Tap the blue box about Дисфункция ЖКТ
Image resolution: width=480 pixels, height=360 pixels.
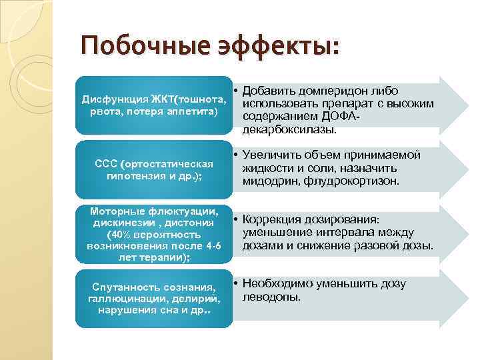coord(154,104)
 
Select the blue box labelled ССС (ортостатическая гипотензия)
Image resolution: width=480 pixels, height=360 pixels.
coord(154,169)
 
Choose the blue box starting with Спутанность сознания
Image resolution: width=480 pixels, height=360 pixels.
coord(154,298)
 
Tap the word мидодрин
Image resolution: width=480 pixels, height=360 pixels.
coord(269,181)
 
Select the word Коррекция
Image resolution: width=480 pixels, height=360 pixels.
coord(275,219)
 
